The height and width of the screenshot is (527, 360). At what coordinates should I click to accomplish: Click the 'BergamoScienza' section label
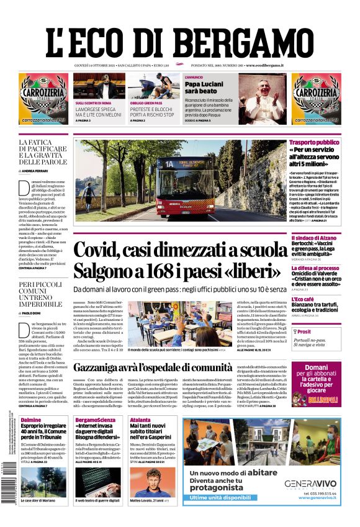pyautogui.click(x=94, y=420)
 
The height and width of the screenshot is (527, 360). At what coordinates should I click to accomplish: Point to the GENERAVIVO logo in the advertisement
pyautogui.click(x=310, y=484)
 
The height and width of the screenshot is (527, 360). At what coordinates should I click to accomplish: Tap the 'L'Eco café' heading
pyautogui.click(x=305, y=299)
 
